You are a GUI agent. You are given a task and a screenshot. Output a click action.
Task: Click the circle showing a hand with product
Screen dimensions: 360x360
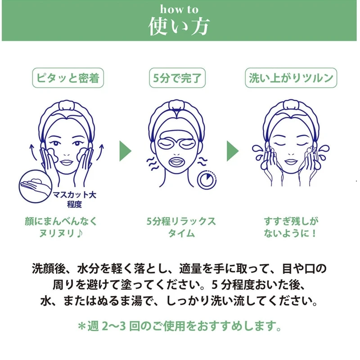coord(35,185)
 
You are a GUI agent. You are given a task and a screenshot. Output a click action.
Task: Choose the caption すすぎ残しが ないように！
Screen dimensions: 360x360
coord(291,227)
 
